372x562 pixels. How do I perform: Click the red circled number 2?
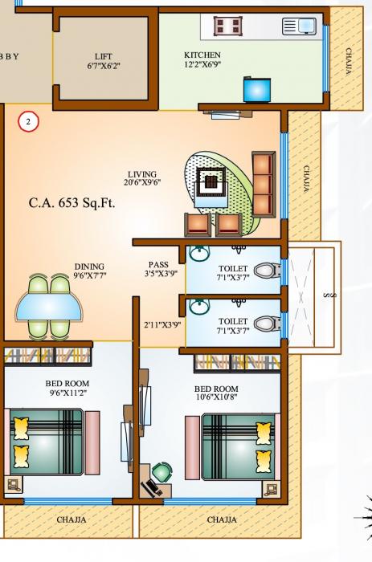click(28, 122)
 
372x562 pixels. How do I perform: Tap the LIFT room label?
click(103, 61)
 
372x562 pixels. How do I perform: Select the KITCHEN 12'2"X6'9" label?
click(202, 59)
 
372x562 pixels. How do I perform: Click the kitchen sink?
click(298, 27)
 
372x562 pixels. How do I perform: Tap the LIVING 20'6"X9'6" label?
click(142, 178)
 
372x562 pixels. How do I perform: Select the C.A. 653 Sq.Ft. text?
click(72, 203)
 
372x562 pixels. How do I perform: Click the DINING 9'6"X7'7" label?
click(89, 271)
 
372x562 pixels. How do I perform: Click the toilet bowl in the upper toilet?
click(264, 270)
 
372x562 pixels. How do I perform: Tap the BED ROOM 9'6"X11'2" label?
click(67, 389)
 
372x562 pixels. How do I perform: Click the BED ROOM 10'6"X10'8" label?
click(216, 393)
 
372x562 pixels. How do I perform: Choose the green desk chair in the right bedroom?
click(162, 472)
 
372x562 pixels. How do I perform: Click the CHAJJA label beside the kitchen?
click(348, 60)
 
